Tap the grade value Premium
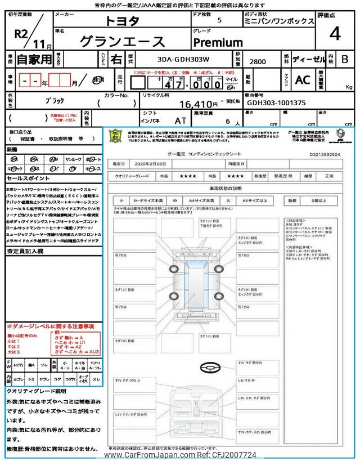click(x=218, y=42)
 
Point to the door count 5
click(x=218, y=20)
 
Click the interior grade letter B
click(x=345, y=59)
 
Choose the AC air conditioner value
click(x=303, y=80)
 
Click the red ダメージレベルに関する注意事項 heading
click(x=51, y=326)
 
